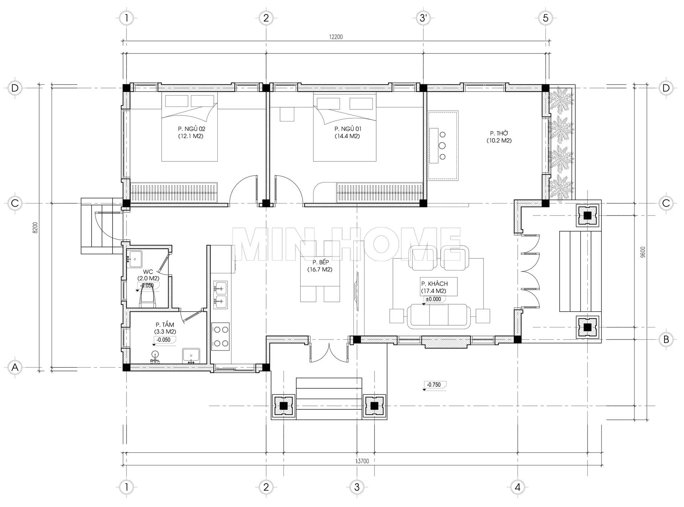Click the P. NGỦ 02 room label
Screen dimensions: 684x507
coord(192,129)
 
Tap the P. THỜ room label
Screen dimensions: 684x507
coord(499,133)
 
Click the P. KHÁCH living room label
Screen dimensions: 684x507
coord(434,284)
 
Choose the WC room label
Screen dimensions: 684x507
coord(148,271)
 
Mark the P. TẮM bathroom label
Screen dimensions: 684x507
coord(165,325)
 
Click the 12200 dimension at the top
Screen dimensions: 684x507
coord(336,37)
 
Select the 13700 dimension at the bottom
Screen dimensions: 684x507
coord(362,461)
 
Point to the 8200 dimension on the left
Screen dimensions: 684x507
coord(35,227)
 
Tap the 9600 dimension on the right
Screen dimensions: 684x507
coord(643,252)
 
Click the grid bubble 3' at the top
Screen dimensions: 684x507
coord(423,18)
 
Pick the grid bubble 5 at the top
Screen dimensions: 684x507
coord(545,18)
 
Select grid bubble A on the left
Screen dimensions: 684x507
coord(15,367)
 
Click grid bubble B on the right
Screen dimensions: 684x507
coord(666,340)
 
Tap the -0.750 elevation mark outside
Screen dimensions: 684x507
coord(434,385)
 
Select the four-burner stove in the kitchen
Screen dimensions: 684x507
coord(220,336)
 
